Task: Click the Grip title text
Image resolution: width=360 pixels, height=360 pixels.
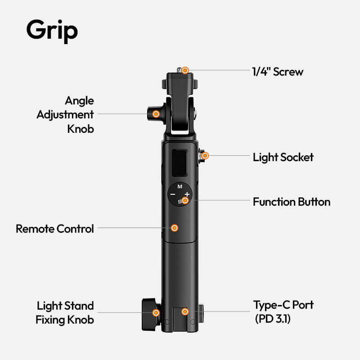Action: click(x=52, y=31)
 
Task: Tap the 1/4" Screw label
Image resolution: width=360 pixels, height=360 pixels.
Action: click(x=278, y=72)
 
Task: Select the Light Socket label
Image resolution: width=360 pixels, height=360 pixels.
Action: click(x=283, y=157)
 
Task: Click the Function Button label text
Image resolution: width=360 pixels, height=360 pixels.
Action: click(x=292, y=202)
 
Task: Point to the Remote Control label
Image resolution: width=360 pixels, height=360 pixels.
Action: click(x=55, y=229)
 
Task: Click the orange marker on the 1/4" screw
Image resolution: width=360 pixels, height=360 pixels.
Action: click(x=185, y=70)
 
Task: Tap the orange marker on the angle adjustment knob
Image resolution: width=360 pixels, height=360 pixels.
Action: click(x=156, y=114)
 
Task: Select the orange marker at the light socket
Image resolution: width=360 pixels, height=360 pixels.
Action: click(x=205, y=156)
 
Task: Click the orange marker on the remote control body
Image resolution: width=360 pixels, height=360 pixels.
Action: click(x=175, y=228)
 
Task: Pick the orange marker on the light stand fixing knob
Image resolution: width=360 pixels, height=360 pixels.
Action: click(x=156, y=312)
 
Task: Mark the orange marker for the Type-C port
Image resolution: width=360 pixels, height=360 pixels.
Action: click(x=185, y=311)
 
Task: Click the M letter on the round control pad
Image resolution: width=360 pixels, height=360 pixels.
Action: click(x=180, y=187)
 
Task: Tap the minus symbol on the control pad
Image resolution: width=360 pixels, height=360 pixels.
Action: click(x=172, y=194)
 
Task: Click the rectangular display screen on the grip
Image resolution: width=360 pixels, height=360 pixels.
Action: click(x=180, y=163)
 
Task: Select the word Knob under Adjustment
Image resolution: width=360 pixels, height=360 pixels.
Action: click(x=81, y=129)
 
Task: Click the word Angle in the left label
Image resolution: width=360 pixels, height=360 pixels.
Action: click(x=79, y=101)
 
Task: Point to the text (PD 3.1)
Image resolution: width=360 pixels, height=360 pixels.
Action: click(x=273, y=319)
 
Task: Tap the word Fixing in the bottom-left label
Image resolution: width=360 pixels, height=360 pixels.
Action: click(x=50, y=320)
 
